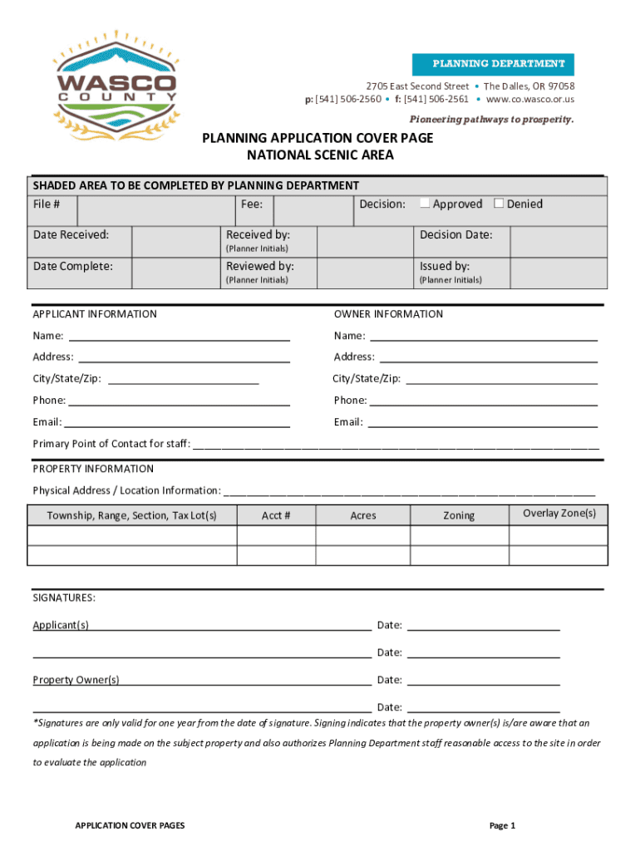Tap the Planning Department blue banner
tap(492, 64)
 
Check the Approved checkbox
tap(425, 204)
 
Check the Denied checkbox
tap(499, 204)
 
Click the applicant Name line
tap(179, 336)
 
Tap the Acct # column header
tap(276, 515)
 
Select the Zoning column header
tap(459, 515)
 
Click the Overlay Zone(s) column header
tap(559, 514)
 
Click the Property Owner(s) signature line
tap(245, 680)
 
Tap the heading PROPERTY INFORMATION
tap(93, 469)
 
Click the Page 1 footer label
tap(503, 825)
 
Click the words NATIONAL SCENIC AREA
tap(320, 155)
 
